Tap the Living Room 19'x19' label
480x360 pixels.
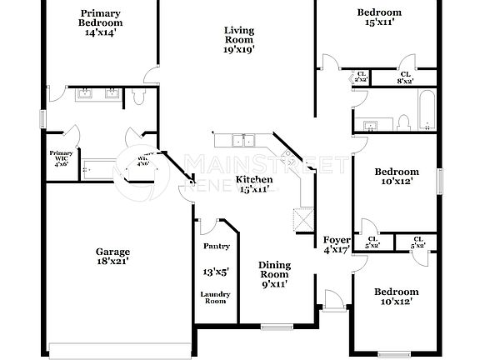pyautogui.click(x=238, y=39)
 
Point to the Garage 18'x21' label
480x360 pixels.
pyautogui.click(x=112, y=256)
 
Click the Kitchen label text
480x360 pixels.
pyautogui.click(x=253, y=179)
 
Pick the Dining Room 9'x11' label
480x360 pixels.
pyautogui.click(x=273, y=274)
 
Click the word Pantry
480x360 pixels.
pyautogui.click(x=217, y=247)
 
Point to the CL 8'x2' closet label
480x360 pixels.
pyautogui.click(x=405, y=77)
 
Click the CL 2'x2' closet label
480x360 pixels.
pyautogui.click(x=361, y=77)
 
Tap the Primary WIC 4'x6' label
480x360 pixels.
pyautogui.click(x=61, y=158)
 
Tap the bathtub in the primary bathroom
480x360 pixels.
pyautogui.click(x=105, y=171)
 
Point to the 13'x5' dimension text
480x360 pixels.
pyautogui.click(x=217, y=272)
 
